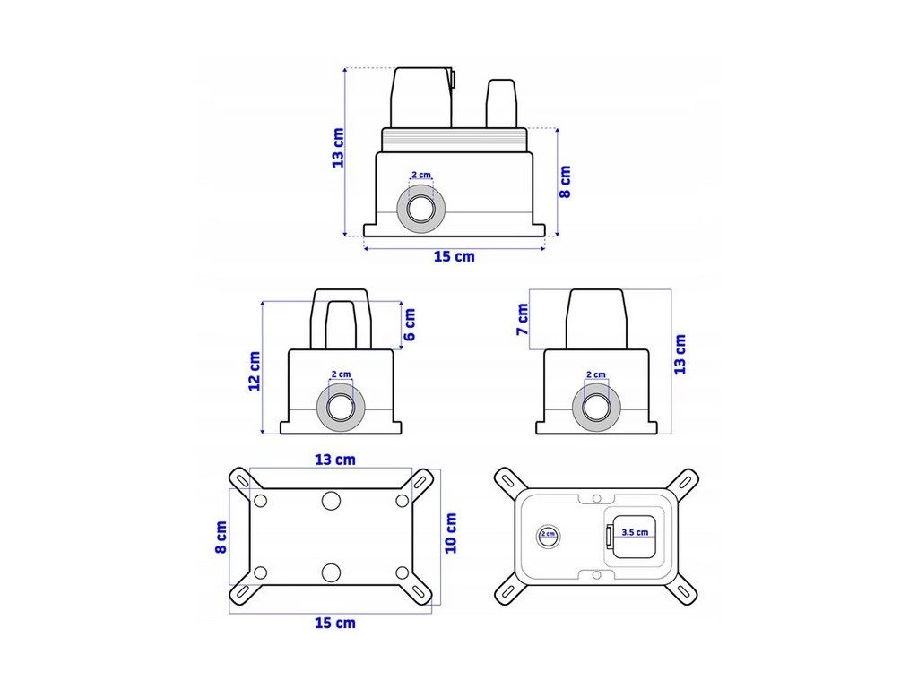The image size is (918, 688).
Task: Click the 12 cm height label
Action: pyautogui.click(x=255, y=371)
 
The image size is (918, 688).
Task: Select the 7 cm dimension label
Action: pyautogui.click(x=523, y=317)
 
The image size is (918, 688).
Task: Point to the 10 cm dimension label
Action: pyautogui.click(x=451, y=533)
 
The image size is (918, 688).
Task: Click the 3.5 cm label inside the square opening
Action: pyautogui.click(x=636, y=532)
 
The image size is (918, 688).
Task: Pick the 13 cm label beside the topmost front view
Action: pyautogui.click(x=338, y=148)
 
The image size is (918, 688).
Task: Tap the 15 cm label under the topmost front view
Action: pyautogui.click(x=454, y=257)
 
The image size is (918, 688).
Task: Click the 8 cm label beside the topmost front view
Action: pyautogui.click(x=565, y=182)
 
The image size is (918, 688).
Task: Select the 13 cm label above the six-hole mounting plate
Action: pyautogui.click(x=334, y=460)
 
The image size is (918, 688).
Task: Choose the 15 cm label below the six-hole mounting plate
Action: pyautogui.click(x=334, y=623)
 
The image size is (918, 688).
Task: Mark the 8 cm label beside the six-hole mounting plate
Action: pyautogui.click(x=221, y=537)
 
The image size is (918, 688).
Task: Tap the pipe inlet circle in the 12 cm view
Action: pyautogui.click(x=341, y=408)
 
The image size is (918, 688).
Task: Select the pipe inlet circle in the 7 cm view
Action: pyautogui.click(x=596, y=408)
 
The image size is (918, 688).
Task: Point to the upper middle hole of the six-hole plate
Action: pyautogui.click(x=332, y=501)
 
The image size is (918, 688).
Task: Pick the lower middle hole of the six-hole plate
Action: pyautogui.click(x=332, y=572)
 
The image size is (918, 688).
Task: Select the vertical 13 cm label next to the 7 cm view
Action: pyautogui.click(x=680, y=354)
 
